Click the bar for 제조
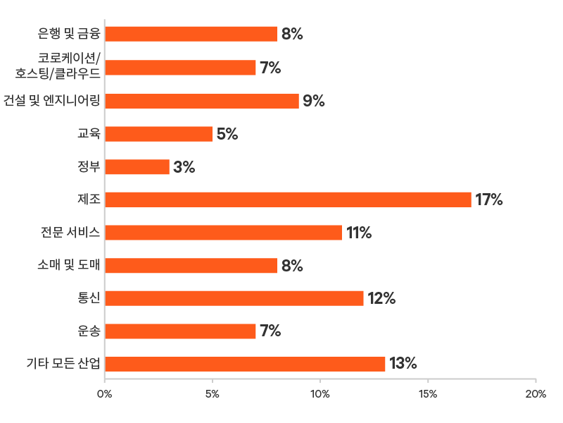288,200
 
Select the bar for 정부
137,167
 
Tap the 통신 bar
234,298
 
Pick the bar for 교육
158,134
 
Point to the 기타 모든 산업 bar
245,364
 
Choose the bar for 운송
180,331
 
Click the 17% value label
489,200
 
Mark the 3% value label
184,167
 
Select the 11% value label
358,233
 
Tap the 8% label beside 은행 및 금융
292,34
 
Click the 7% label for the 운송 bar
270,331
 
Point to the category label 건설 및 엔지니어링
62,101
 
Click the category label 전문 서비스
70,233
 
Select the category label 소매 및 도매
69,265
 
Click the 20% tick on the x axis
536,394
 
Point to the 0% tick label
104,394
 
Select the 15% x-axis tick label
428,394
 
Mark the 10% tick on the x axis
320,394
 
